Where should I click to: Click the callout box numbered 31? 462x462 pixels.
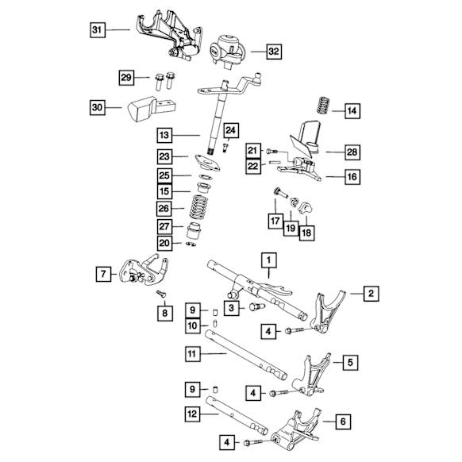point(97,29)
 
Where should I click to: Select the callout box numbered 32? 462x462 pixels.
point(273,52)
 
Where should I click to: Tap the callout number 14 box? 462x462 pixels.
point(352,111)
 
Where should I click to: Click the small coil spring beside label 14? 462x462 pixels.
point(323,106)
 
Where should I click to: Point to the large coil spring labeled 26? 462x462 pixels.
point(198,207)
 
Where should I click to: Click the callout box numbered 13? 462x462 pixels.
point(164,135)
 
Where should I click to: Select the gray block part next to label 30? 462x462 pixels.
point(151,109)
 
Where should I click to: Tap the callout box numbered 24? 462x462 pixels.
point(231,130)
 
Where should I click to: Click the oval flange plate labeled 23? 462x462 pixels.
point(207,163)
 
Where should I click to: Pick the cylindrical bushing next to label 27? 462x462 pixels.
point(194,230)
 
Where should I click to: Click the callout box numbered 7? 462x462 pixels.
point(103,274)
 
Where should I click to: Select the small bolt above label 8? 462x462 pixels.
point(161,294)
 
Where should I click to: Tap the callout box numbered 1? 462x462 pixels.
point(269,260)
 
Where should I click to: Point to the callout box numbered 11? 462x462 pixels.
point(193,353)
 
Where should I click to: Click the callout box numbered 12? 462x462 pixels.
point(192,414)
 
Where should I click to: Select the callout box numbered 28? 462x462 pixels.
point(352,152)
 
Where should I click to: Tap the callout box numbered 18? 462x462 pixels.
point(306,233)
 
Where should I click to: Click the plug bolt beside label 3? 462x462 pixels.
point(256,307)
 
